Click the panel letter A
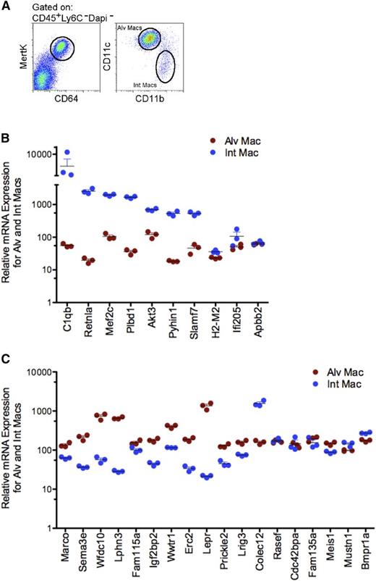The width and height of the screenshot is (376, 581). pos(7,6)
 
